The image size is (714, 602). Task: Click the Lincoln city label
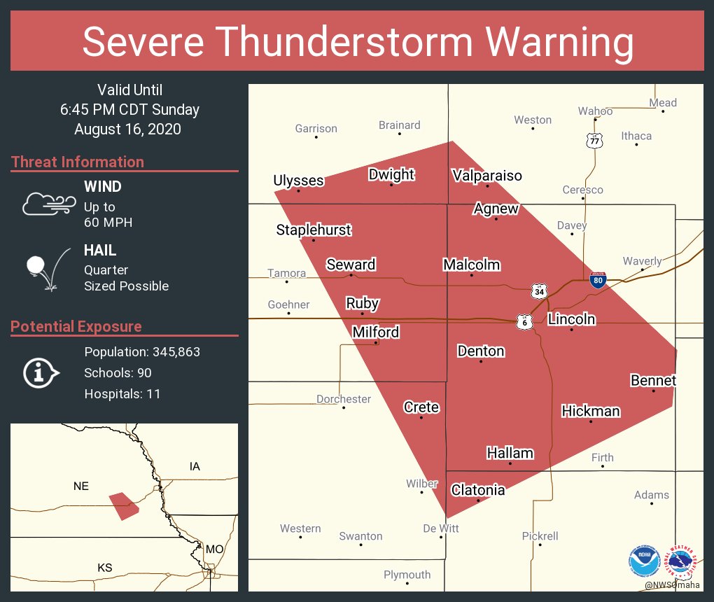point(571,319)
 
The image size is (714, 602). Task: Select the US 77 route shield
point(594,140)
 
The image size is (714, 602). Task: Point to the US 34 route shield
point(538,290)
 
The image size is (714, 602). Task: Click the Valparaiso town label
point(486,175)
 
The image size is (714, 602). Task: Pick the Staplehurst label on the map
point(313,230)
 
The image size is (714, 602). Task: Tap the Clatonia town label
point(477,490)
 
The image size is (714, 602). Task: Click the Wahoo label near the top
point(595,111)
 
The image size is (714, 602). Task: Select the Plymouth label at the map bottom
point(407,575)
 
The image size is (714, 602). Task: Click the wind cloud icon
point(48,204)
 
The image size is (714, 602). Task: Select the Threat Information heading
point(77,162)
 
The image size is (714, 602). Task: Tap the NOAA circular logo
point(644,561)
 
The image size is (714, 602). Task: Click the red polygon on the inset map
point(124,505)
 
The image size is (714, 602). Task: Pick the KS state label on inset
point(104,567)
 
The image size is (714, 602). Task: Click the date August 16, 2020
point(127,129)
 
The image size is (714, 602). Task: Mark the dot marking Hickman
point(591,421)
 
